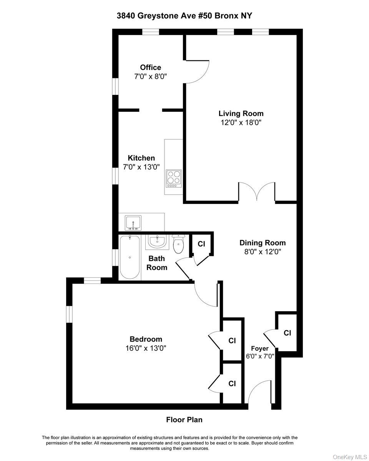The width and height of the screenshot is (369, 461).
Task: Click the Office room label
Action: coord(150,68)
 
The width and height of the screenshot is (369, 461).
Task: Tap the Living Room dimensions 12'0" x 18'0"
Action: coord(241,123)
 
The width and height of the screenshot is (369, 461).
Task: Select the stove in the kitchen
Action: coord(174,178)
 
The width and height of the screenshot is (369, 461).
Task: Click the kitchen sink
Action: coord(133,222)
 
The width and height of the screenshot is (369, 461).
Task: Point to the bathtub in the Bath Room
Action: coord(130,257)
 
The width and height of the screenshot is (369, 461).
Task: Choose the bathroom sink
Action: coord(156,242)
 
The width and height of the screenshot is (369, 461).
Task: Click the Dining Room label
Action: coord(263,243)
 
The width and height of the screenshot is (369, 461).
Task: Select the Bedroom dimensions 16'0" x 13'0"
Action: coord(146,348)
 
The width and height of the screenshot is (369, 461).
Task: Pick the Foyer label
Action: coord(260,348)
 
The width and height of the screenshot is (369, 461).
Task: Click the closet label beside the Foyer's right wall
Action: coord(287,333)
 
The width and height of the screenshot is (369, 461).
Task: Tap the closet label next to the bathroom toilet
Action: coord(201,244)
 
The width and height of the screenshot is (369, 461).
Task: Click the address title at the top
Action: coord(184,16)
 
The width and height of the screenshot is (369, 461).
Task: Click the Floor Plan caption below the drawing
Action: coord(184,420)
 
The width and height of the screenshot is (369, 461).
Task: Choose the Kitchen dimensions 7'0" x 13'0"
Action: coord(141,167)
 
